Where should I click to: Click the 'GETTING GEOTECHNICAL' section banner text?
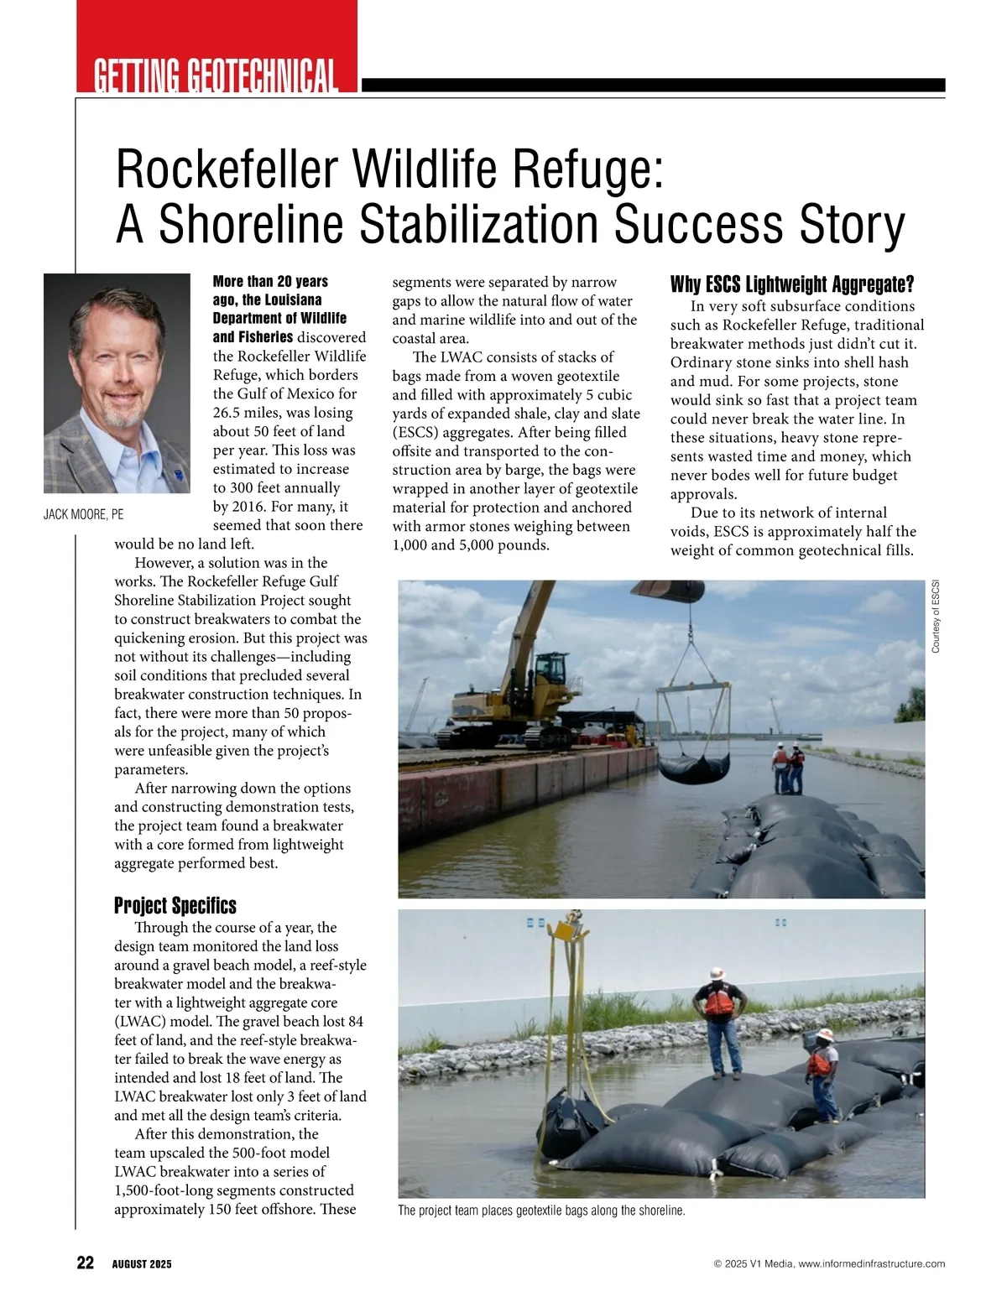216,76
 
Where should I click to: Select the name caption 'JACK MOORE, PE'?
83,515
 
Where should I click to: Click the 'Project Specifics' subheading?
175,906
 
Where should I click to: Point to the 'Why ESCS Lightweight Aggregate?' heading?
791,284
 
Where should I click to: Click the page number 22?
86,1263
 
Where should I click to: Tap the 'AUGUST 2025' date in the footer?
142,1264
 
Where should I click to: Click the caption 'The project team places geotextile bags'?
541,1211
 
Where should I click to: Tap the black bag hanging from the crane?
690,765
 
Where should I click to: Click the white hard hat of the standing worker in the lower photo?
716,973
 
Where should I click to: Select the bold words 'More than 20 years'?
270,281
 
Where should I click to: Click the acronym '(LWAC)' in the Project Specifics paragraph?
139,1021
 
